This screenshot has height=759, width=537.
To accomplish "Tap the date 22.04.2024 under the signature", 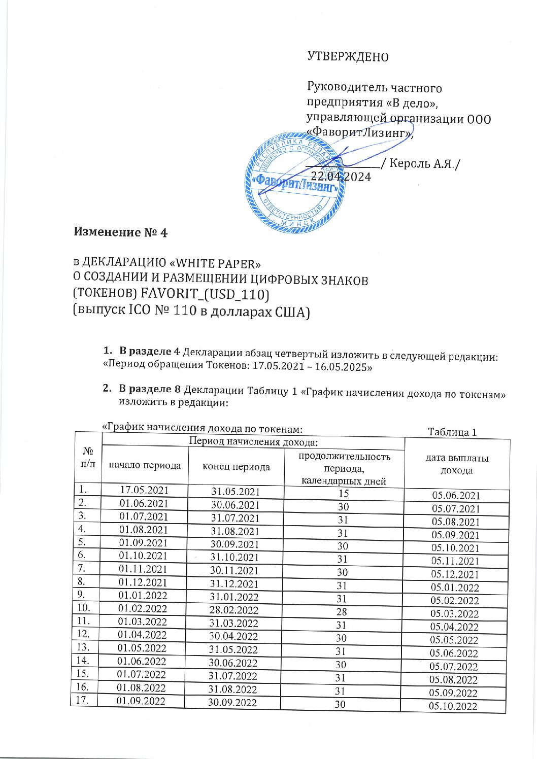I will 341,177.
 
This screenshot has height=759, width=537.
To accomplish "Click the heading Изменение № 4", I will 121,232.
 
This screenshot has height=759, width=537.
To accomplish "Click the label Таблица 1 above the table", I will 452,432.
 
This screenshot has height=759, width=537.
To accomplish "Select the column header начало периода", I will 145,465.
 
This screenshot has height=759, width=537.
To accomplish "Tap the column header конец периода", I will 236,467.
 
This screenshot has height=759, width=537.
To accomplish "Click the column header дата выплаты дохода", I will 456,464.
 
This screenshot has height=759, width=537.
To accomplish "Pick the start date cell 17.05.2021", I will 144,490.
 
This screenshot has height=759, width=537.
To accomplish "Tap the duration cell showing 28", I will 342,612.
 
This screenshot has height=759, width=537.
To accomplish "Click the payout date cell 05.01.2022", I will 454,588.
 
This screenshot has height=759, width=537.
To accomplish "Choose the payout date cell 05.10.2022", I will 453,706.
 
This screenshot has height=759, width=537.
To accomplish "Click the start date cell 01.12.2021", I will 143,582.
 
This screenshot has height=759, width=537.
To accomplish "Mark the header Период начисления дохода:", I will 253,441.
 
